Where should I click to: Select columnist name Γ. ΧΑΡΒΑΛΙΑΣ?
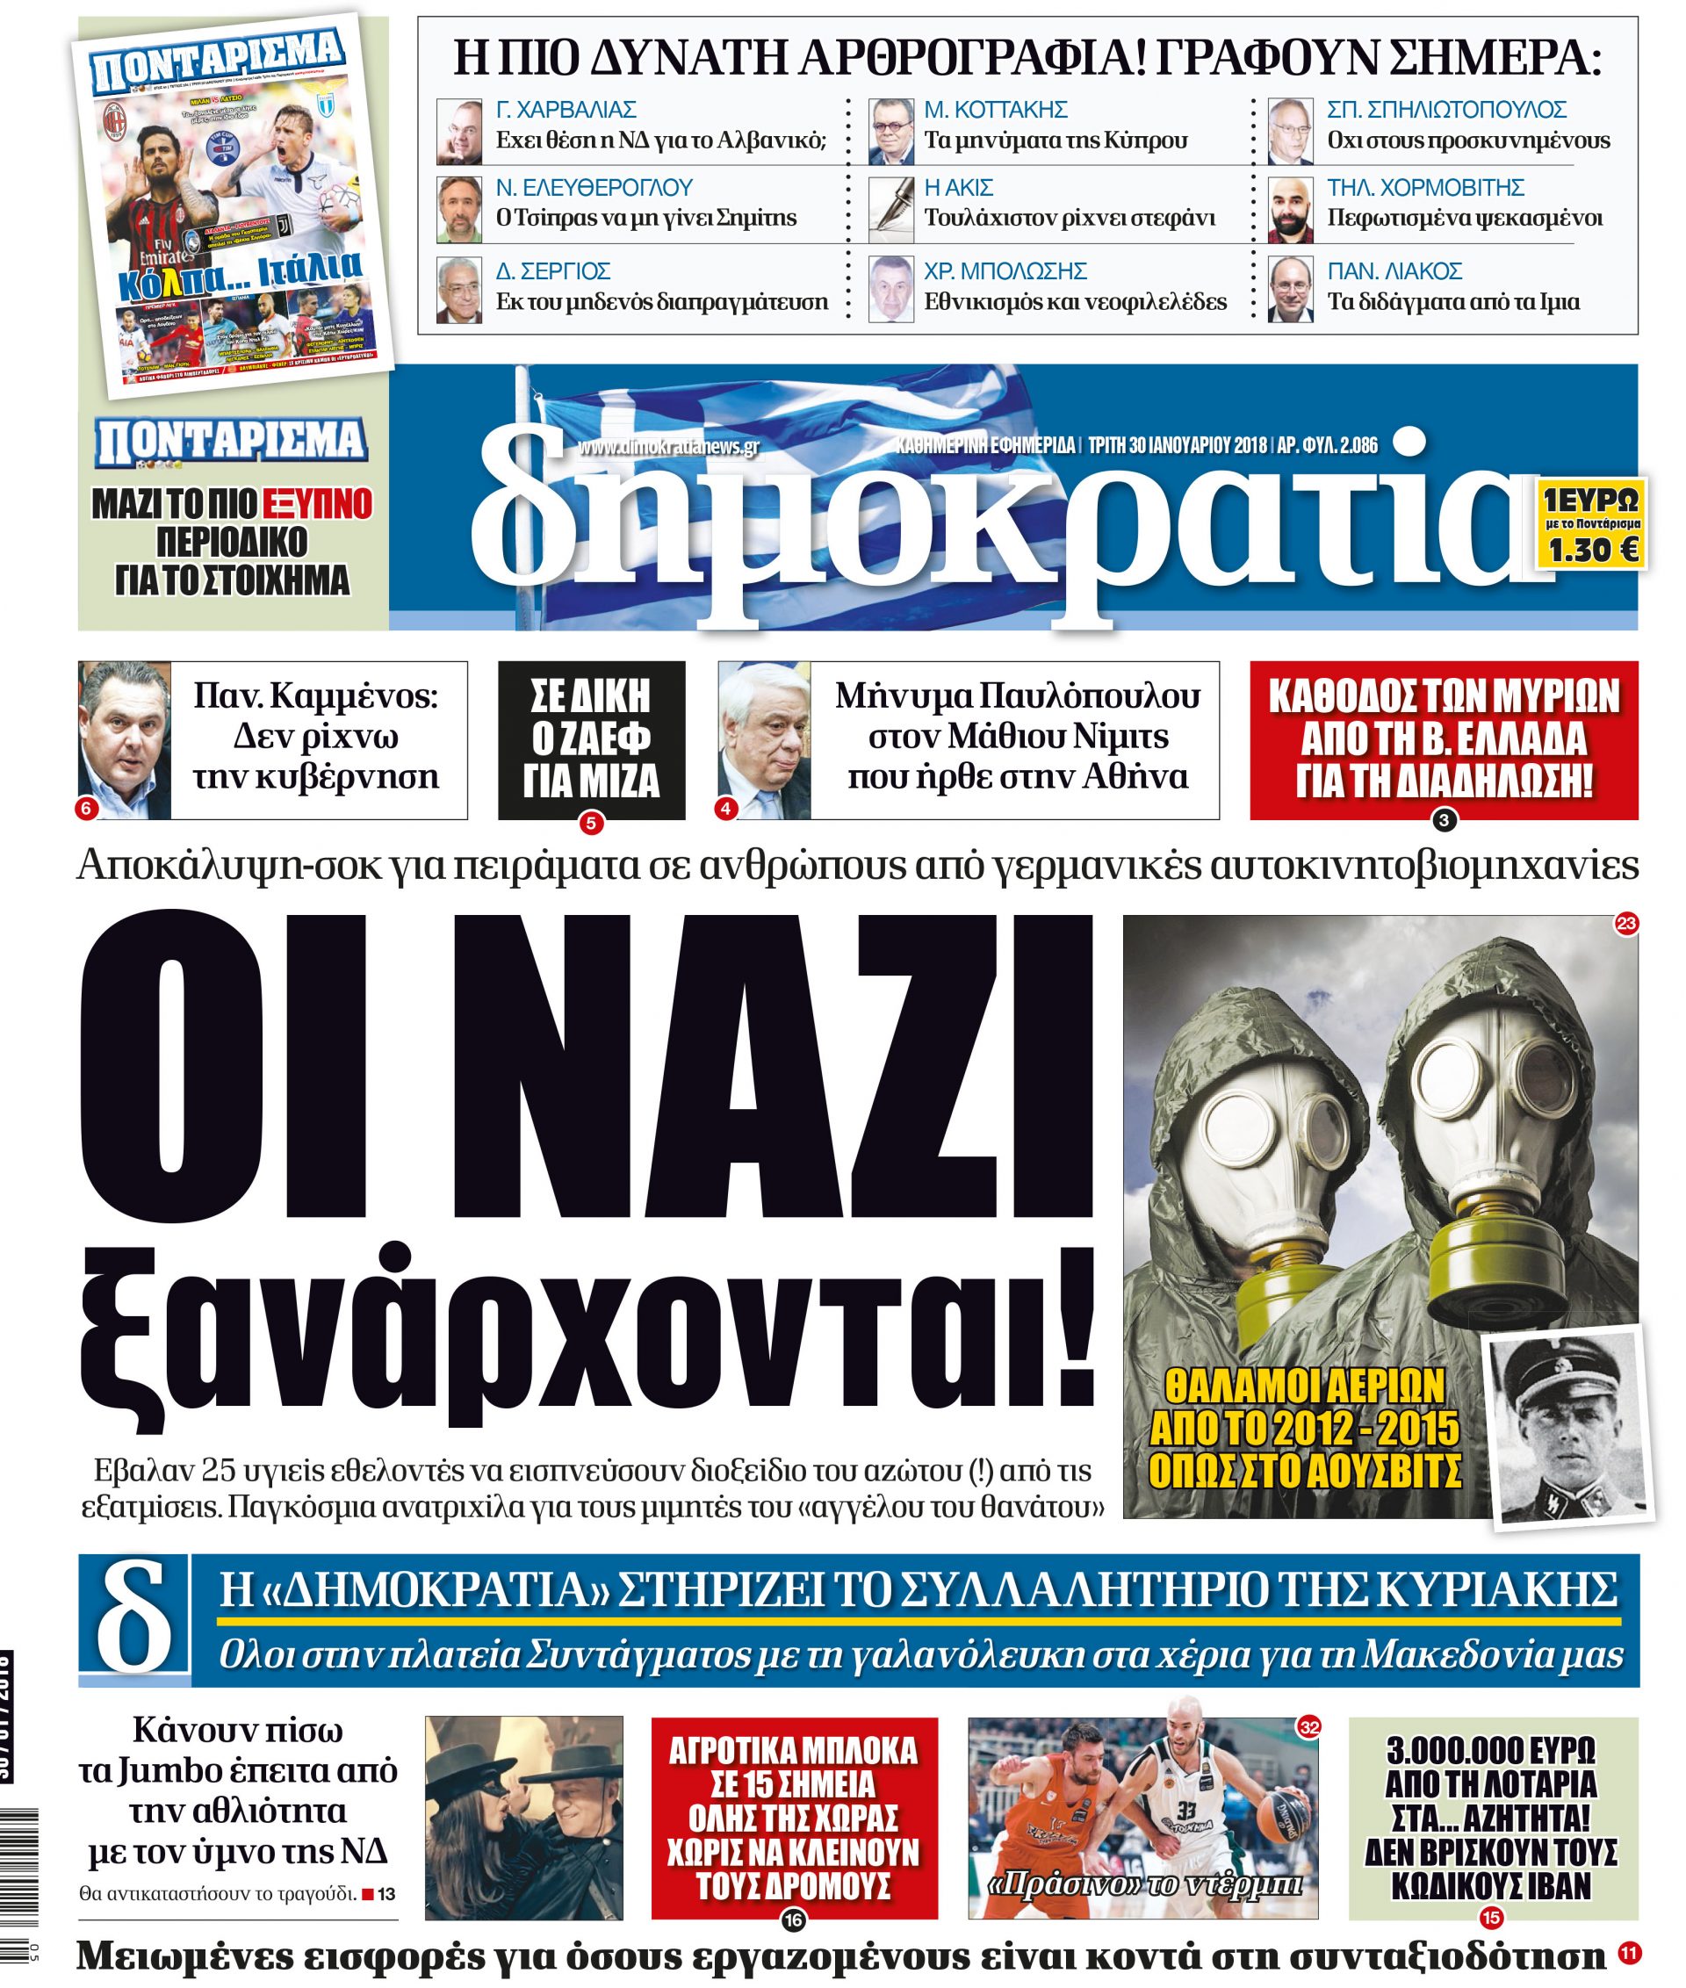coord(566,109)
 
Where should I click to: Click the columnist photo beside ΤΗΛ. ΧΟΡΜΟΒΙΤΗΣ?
coord(1291,210)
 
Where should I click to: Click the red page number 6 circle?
coord(85,809)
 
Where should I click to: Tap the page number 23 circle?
coord(1625,923)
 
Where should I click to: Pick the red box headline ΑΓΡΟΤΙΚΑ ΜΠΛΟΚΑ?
coord(793,1751)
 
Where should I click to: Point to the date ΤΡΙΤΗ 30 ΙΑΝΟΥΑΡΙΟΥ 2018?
coord(1178,445)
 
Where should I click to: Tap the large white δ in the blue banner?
coord(134,1620)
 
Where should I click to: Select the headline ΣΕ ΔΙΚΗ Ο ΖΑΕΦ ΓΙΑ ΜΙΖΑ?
coord(591,738)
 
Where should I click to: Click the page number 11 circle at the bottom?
coord(1629,1954)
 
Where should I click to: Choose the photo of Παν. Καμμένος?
coord(124,738)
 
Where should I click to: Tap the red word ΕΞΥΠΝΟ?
coord(317,504)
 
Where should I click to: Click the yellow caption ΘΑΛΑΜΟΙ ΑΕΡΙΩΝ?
coord(1305,1385)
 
